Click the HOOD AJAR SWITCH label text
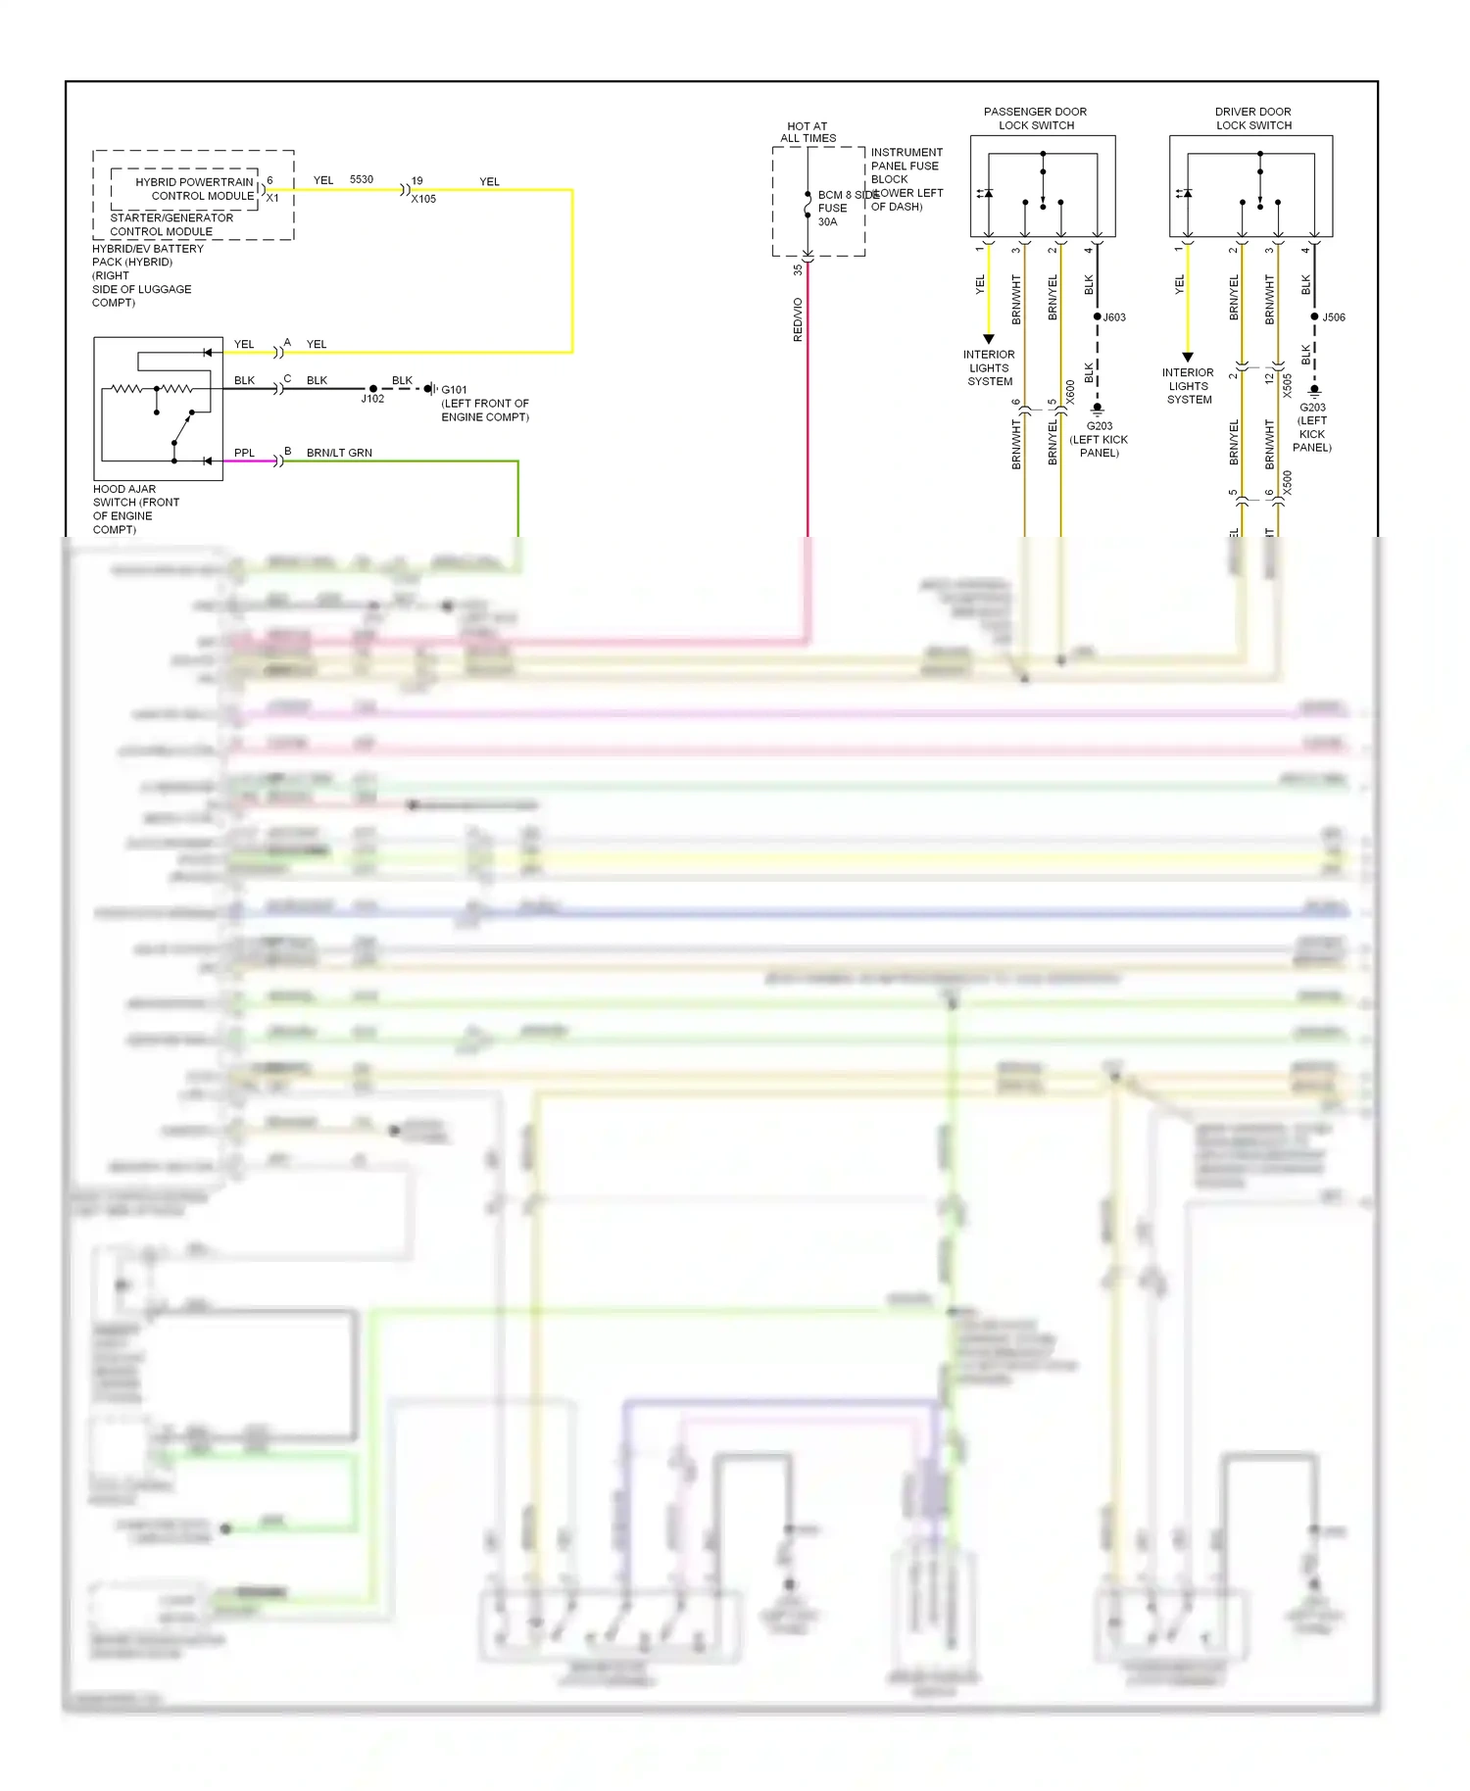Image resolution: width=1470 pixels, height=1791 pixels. pos(135,508)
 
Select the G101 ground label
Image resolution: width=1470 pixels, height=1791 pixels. pos(454,390)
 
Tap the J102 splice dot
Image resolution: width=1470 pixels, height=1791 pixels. pos(373,389)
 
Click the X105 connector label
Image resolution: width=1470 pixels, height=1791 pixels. pos(423,199)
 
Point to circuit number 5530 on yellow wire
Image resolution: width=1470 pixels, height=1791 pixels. pos(362,179)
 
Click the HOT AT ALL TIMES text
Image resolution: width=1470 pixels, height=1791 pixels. pos(808,132)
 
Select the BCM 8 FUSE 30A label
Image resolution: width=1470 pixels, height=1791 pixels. pos(832,208)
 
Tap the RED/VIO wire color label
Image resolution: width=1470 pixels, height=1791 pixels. pos(798,319)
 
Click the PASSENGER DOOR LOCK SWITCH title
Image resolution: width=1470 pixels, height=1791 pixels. pos(1036,119)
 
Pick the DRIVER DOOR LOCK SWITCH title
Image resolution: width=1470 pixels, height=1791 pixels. pos(1253,119)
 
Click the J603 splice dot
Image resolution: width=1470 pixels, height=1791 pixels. pos(1098,316)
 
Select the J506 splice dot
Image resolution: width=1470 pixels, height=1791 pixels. pos(1315,316)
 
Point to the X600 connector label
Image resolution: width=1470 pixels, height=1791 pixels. pos(1071,392)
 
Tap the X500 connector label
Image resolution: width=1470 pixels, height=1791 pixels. pos(1288,483)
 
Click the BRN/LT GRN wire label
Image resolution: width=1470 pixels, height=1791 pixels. pos(339,453)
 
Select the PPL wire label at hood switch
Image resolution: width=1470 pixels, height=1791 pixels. pos(244,453)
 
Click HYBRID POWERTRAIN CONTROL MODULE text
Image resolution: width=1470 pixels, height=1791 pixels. pos(195,189)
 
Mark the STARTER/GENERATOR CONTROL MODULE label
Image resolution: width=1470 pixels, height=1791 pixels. pos(171,224)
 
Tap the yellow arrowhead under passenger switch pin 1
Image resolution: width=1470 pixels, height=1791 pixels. pos(989,339)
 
